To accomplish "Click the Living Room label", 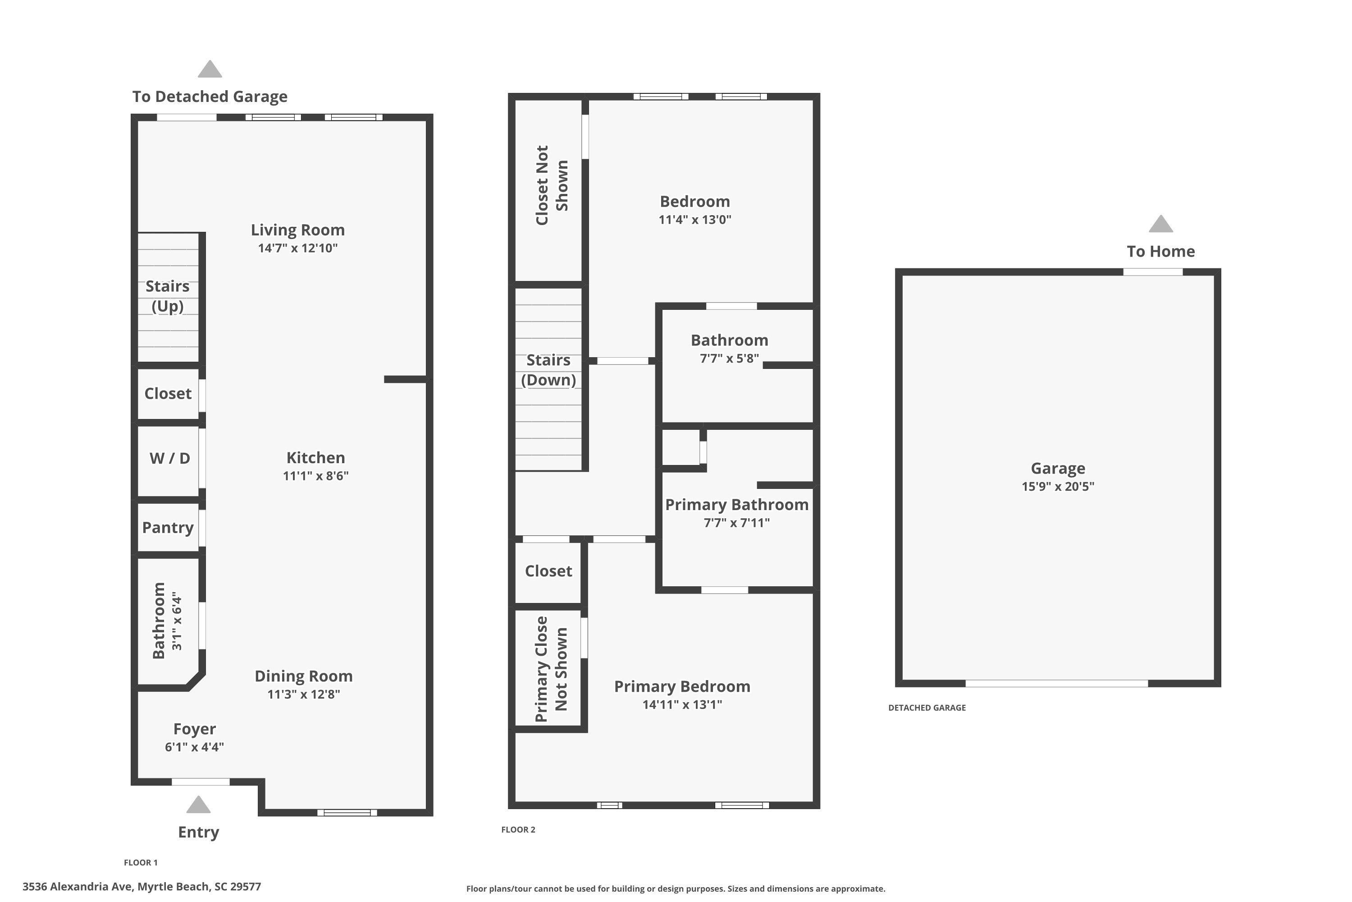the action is [x=298, y=230].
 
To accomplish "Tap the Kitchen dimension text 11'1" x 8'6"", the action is [x=315, y=476].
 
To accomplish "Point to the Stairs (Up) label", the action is [x=167, y=296].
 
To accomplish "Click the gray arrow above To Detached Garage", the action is [x=210, y=69].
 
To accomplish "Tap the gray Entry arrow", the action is [x=198, y=804].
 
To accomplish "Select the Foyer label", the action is [x=194, y=729].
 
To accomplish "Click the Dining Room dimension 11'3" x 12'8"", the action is [x=303, y=695].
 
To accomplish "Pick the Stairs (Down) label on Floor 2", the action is [x=548, y=370].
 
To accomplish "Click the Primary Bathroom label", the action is [x=737, y=505].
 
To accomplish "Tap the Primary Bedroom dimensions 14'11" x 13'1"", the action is [x=682, y=704].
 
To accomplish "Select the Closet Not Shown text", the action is [x=551, y=185].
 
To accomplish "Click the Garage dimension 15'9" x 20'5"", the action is [x=1058, y=486].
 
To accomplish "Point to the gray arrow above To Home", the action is [x=1160, y=224].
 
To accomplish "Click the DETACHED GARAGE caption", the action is [x=927, y=708].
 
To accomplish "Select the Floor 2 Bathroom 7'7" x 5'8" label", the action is [x=730, y=349].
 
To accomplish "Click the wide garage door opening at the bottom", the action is [x=1056, y=683].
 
